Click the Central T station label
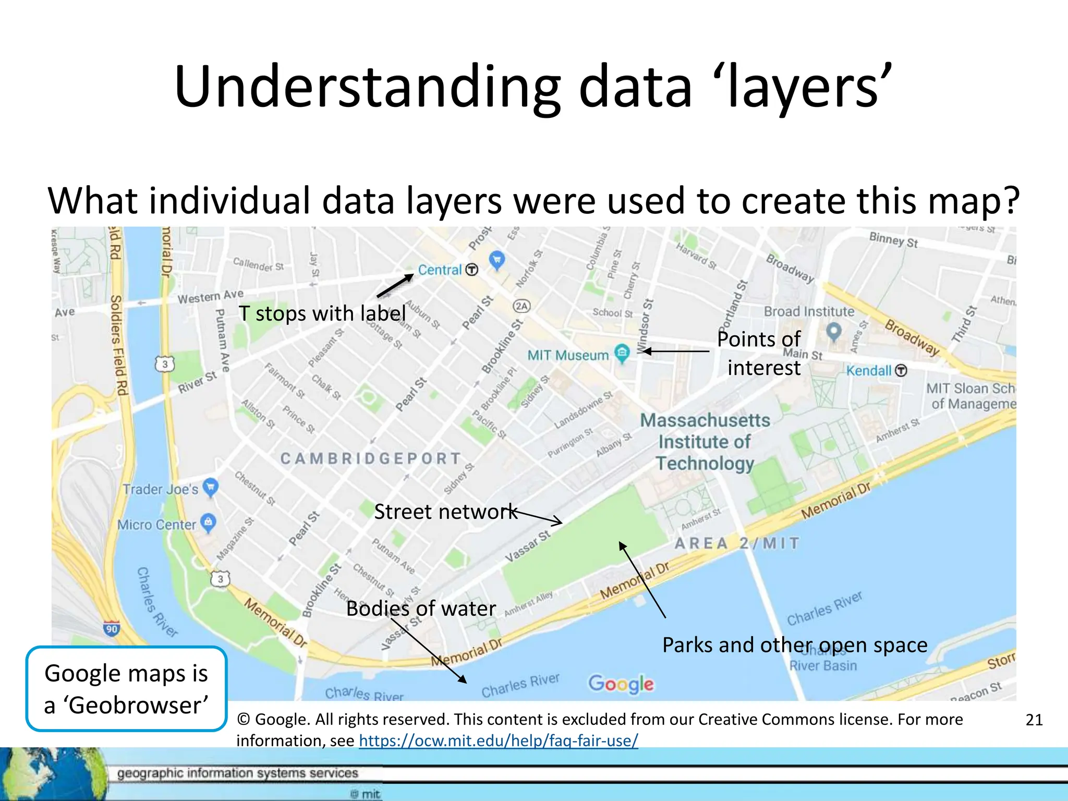(x=440, y=270)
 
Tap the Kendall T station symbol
(x=901, y=371)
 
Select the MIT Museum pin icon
(x=622, y=353)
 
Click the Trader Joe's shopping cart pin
(x=211, y=487)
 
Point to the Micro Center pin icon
(x=209, y=522)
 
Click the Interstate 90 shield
(x=112, y=628)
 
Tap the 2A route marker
(x=522, y=306)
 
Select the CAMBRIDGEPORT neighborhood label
(x=371, y=458)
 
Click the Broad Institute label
(x=809, y=311)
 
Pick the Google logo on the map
(x=621, y=684)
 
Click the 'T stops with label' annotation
(x=322, y=313)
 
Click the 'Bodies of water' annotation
(x=421, y=609)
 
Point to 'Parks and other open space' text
(x=795, y=645)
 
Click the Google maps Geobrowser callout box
(x=126, y=689)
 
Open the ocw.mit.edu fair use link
(x=498, y=741)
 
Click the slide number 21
(x=1034, y=720)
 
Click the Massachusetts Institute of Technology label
(x=705, y=442)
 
